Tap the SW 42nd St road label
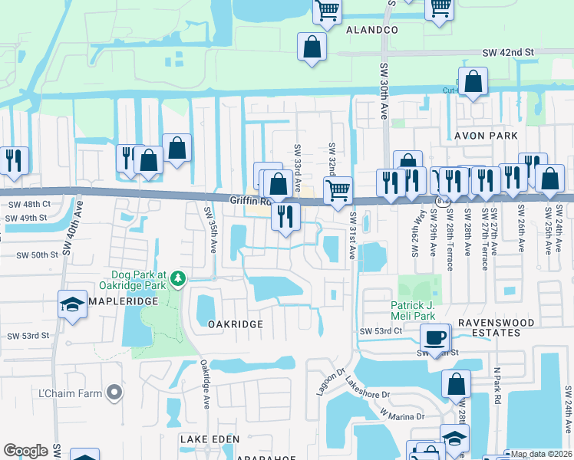pyautogui.click(x=507, y=52)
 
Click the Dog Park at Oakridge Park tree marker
pyautogui.click(x=178, y=278)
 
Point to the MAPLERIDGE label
pyautogui.click(x=117, y=301)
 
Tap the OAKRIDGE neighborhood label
pyautogui.click(x=236, y=324)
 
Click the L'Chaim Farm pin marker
pyautogui.click(x=114, y=393)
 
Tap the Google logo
pyautogui.click(x=25, y=451)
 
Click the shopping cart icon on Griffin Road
pyautogui.click(x=338, y=189)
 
